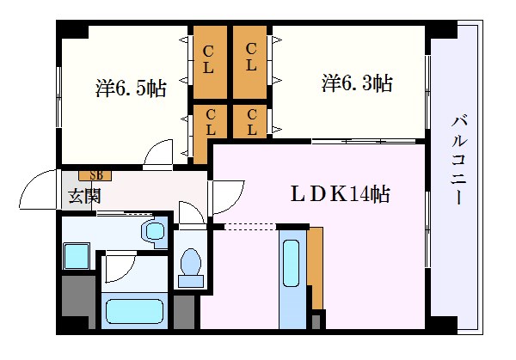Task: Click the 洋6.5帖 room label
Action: pos(131,88)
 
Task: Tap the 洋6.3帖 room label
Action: pos(357,83)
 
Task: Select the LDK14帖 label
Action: pos(341,193)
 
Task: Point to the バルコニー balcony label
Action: pos(459,160)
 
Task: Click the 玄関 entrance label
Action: pos(84,197)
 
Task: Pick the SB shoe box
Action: pos(95,175)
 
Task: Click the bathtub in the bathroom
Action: pos(135,311)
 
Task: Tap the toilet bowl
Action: pos(191,262)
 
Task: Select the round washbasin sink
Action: pos(155,231)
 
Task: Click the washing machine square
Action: pos(77,256)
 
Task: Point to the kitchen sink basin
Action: pos(291,263)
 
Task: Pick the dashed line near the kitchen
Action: pos(250,227)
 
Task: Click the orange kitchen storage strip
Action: pos(316,268)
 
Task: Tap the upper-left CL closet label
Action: pos(208,59)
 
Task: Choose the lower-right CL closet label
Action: pos(252,122)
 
